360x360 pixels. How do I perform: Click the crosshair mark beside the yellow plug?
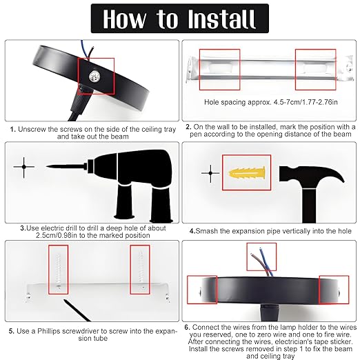point(206,170)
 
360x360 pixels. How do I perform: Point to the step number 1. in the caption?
point(13,128)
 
